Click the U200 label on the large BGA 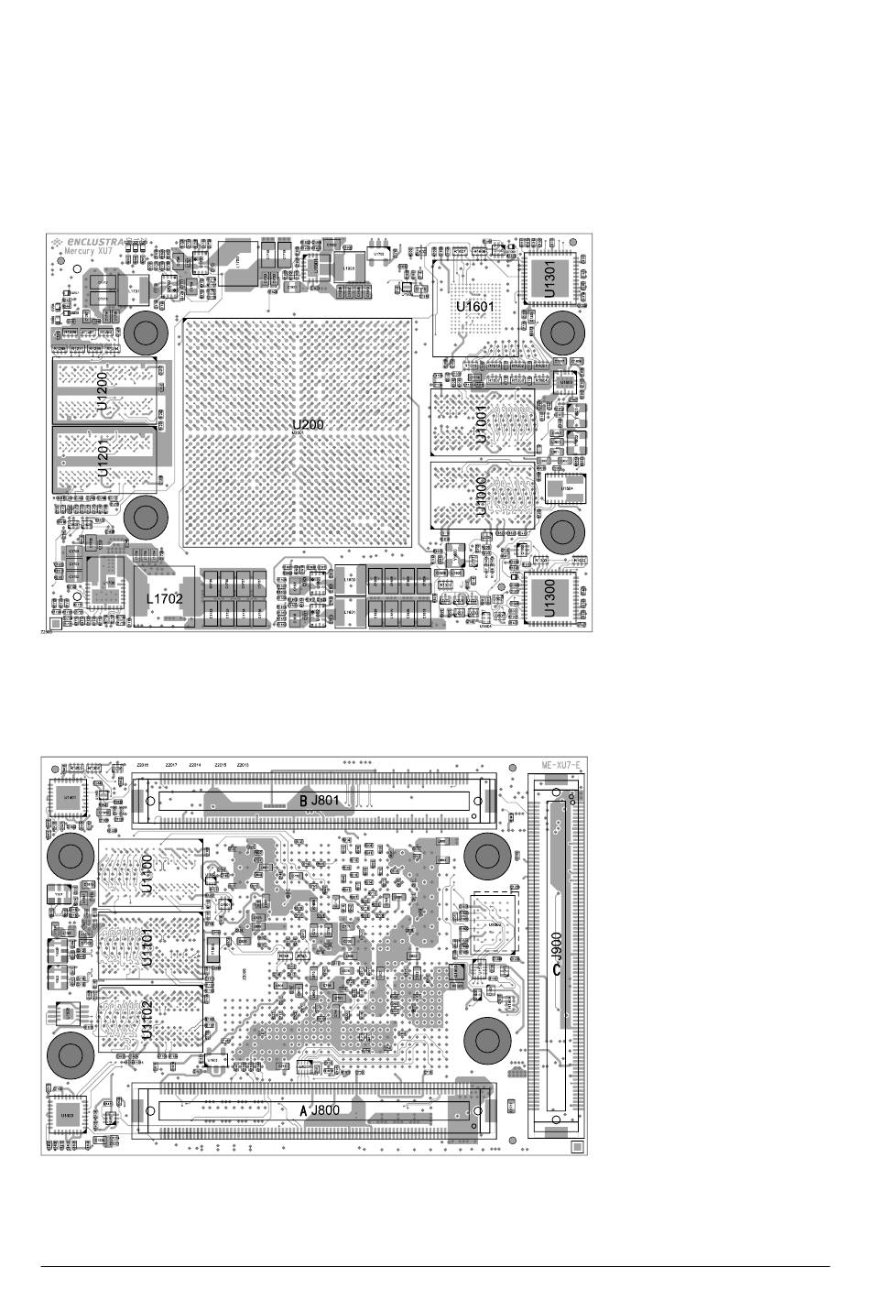[308, 424]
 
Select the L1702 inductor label [168, 597]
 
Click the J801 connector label [325, 800]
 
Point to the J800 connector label [325, 1110]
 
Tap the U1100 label [147, 873]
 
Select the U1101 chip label [147, 947]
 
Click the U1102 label [147, 1020]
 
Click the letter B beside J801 [303, 800]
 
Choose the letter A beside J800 [303, 1110]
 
